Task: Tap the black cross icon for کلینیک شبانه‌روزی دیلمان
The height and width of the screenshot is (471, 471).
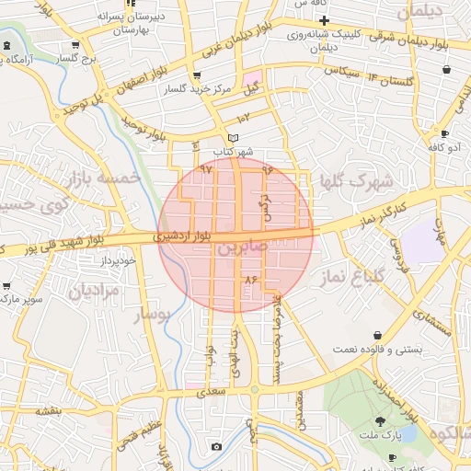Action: click(324, 20)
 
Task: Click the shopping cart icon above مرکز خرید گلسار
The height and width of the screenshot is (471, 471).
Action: click(196, 76)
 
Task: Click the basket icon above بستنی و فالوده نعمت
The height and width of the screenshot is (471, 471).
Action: click(377, 336)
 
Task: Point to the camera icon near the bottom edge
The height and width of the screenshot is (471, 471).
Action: click(215, 446)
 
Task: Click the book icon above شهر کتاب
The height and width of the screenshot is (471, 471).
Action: click(234, 137)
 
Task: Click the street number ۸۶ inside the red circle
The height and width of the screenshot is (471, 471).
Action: click(248, 278)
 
